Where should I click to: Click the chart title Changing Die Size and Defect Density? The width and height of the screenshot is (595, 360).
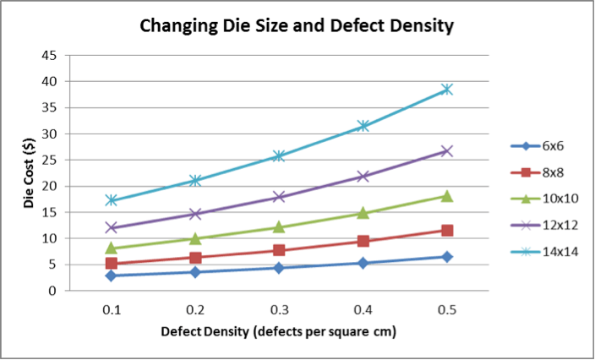pos(297,26)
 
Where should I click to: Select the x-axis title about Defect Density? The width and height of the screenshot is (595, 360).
pos(279,331)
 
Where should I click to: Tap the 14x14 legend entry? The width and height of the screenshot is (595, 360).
pos(559,252)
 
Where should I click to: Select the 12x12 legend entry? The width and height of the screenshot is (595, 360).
pos(559,226)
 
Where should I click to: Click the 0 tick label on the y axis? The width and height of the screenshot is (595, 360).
pos(52,291)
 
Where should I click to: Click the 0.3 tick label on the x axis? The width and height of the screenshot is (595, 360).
pos(279,310)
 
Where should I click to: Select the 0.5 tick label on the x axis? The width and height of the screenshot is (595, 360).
pos(447,310)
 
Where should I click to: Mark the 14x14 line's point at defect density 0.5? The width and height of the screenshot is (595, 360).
pos(447,90)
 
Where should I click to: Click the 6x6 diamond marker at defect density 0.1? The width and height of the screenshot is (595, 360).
pos(111,275)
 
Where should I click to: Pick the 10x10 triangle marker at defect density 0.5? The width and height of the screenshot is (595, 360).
pos(447,196)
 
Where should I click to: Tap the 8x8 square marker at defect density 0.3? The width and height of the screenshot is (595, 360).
pos(279,250)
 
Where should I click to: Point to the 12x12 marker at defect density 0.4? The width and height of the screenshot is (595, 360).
pos(363,176)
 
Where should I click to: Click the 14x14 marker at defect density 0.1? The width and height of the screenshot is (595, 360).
pos(111,200)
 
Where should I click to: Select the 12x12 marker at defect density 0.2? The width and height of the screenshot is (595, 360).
pos(195,214)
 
